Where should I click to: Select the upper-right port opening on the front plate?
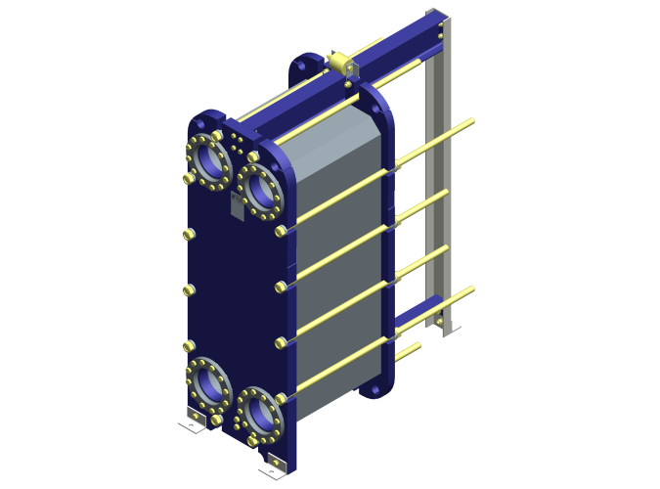(260, 190)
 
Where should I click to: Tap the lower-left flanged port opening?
(208, 384)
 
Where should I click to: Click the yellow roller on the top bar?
(343, 65)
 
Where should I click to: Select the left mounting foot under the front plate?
(193, 422)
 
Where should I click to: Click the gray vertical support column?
(439, 176)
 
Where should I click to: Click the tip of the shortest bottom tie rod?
(418, 345)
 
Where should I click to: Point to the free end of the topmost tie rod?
(472, 122)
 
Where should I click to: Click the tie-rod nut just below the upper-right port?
(282, 231)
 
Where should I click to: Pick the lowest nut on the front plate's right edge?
(282, 398)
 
